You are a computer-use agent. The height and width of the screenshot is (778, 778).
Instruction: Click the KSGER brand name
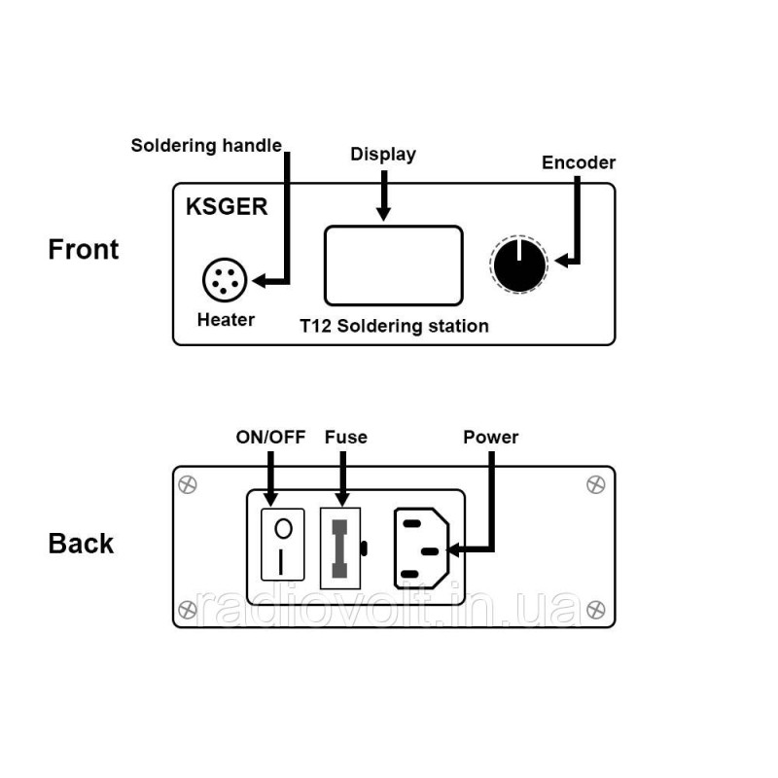click(x=227, y=206)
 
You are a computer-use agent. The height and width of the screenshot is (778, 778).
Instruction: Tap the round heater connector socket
click(x=225, y=280)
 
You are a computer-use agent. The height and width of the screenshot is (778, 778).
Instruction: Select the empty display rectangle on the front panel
click(x=394, y=265)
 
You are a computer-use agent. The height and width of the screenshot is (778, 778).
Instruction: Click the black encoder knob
click(x=519, y=265)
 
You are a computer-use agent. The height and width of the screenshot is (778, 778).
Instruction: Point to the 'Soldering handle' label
click(x=206, y=145)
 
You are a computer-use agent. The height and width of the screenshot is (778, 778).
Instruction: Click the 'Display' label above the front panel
click(x=383, y=155)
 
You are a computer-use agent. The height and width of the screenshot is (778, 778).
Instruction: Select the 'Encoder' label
click(x=579, y=162)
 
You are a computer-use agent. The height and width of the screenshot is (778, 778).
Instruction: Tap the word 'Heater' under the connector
click(x=226, y=320)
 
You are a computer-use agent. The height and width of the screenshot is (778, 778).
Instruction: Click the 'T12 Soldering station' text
click(x=395, y=326)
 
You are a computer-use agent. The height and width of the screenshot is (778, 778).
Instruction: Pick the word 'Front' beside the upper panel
click(x=84, y=249)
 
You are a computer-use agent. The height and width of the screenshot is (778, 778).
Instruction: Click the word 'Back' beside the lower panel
click(x=81, y=544)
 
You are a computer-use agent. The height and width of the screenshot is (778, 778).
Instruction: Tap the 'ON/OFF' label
click(x=270, y=437)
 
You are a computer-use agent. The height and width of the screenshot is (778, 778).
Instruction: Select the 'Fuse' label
click(x=346, y=437)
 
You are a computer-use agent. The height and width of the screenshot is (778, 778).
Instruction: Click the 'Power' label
click(x=491, y=437)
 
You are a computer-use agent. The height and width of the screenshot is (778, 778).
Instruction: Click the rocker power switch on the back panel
click(x=283, y=545)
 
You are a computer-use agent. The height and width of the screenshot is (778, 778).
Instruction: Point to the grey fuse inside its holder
click(x=339, y=548)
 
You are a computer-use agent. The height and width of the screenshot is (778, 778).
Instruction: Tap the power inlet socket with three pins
click(x=421, y=548)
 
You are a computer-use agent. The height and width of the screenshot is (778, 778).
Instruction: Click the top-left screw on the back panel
click(x=188, y=484)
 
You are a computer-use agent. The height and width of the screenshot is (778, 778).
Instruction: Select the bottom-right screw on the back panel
click(x=596, y=610)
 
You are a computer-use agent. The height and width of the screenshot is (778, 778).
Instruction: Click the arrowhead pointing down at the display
click(x=383, y=214)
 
